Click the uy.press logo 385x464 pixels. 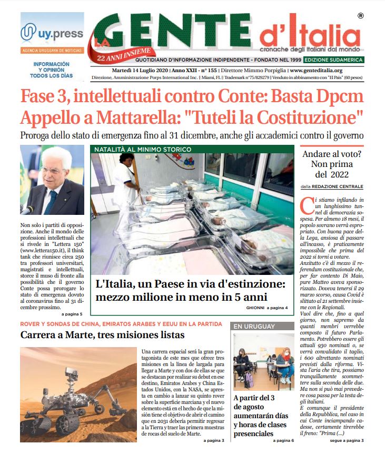coord(52,34)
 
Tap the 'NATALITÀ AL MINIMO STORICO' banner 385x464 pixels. coord(142,150)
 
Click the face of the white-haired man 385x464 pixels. coord(52,169)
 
